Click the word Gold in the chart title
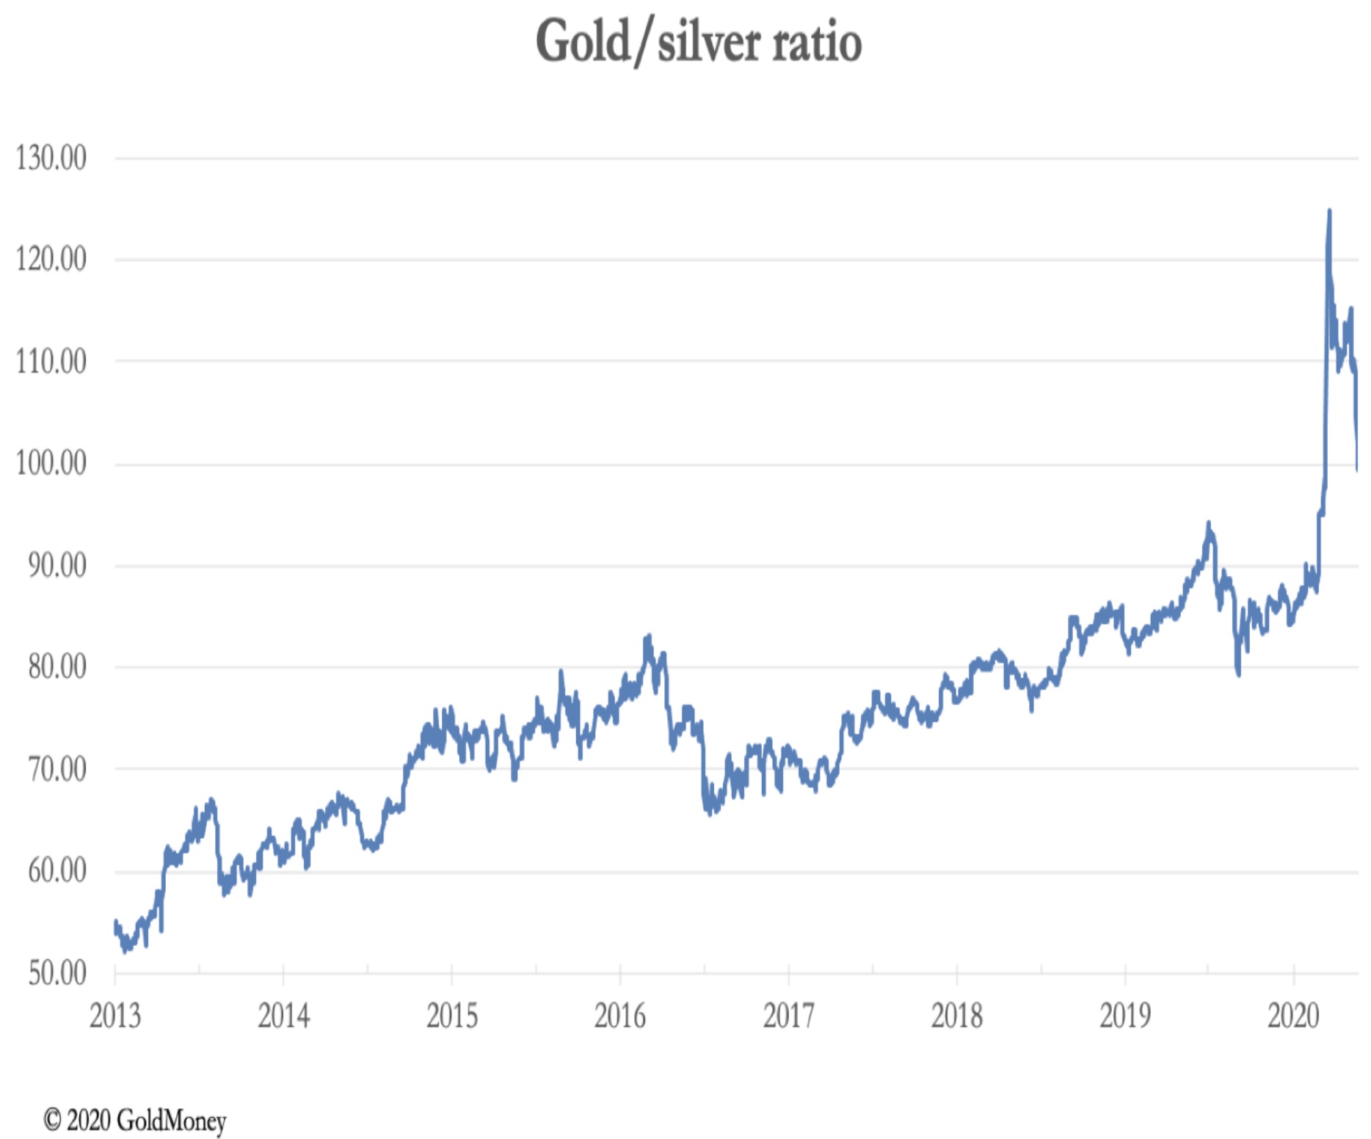[583, 41]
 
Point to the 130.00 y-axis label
[51, 158]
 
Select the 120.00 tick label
[51, 259]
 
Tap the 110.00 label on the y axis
[51, 361]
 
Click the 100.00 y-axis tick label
[51, 463]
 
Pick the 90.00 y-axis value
[57, 565]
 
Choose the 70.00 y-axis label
[57, 769]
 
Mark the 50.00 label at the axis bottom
[57, 973]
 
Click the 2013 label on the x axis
[114, 1016]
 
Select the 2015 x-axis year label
[452, 1016]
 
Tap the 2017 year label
[788, 1016]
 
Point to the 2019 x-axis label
[1125, 1016]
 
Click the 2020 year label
[1293, 1016]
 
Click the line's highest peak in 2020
[1329, 212]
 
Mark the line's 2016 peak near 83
[648, 637]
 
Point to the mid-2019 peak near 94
[1207, 523]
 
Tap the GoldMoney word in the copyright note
[171, 1120]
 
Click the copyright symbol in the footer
[52, 1120]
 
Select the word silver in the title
[708, 43]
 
